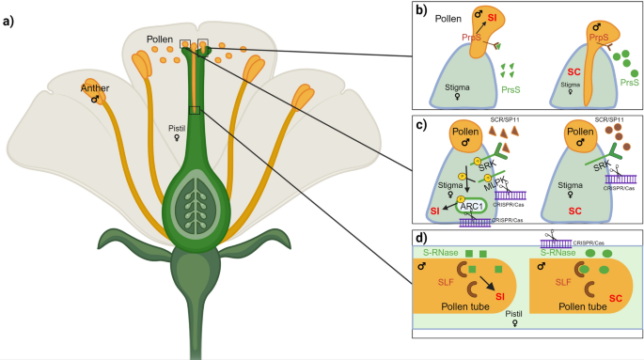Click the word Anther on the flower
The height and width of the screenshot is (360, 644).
click(x=95, y=90)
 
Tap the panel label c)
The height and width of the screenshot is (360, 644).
click(x=423, y=122)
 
